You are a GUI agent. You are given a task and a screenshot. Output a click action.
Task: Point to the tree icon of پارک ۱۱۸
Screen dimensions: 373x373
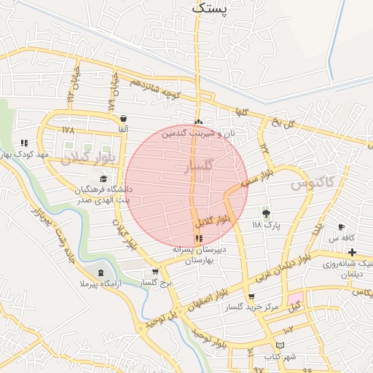(266, 213)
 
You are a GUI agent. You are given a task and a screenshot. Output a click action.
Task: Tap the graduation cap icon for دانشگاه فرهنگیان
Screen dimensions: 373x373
(103, 178)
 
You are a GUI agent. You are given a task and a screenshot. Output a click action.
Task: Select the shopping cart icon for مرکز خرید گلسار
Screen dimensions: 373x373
(251, 297)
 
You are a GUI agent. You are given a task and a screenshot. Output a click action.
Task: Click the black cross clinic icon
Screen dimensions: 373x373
(353, 252)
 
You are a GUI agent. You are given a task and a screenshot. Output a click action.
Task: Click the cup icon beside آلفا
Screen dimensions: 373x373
(123, 118)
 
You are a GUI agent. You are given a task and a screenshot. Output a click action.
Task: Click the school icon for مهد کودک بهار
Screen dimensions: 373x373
(24, 144)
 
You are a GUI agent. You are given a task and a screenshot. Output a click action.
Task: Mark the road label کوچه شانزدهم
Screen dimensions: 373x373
(154, 90)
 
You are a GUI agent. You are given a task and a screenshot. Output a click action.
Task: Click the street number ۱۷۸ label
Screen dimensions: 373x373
(68, 130)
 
